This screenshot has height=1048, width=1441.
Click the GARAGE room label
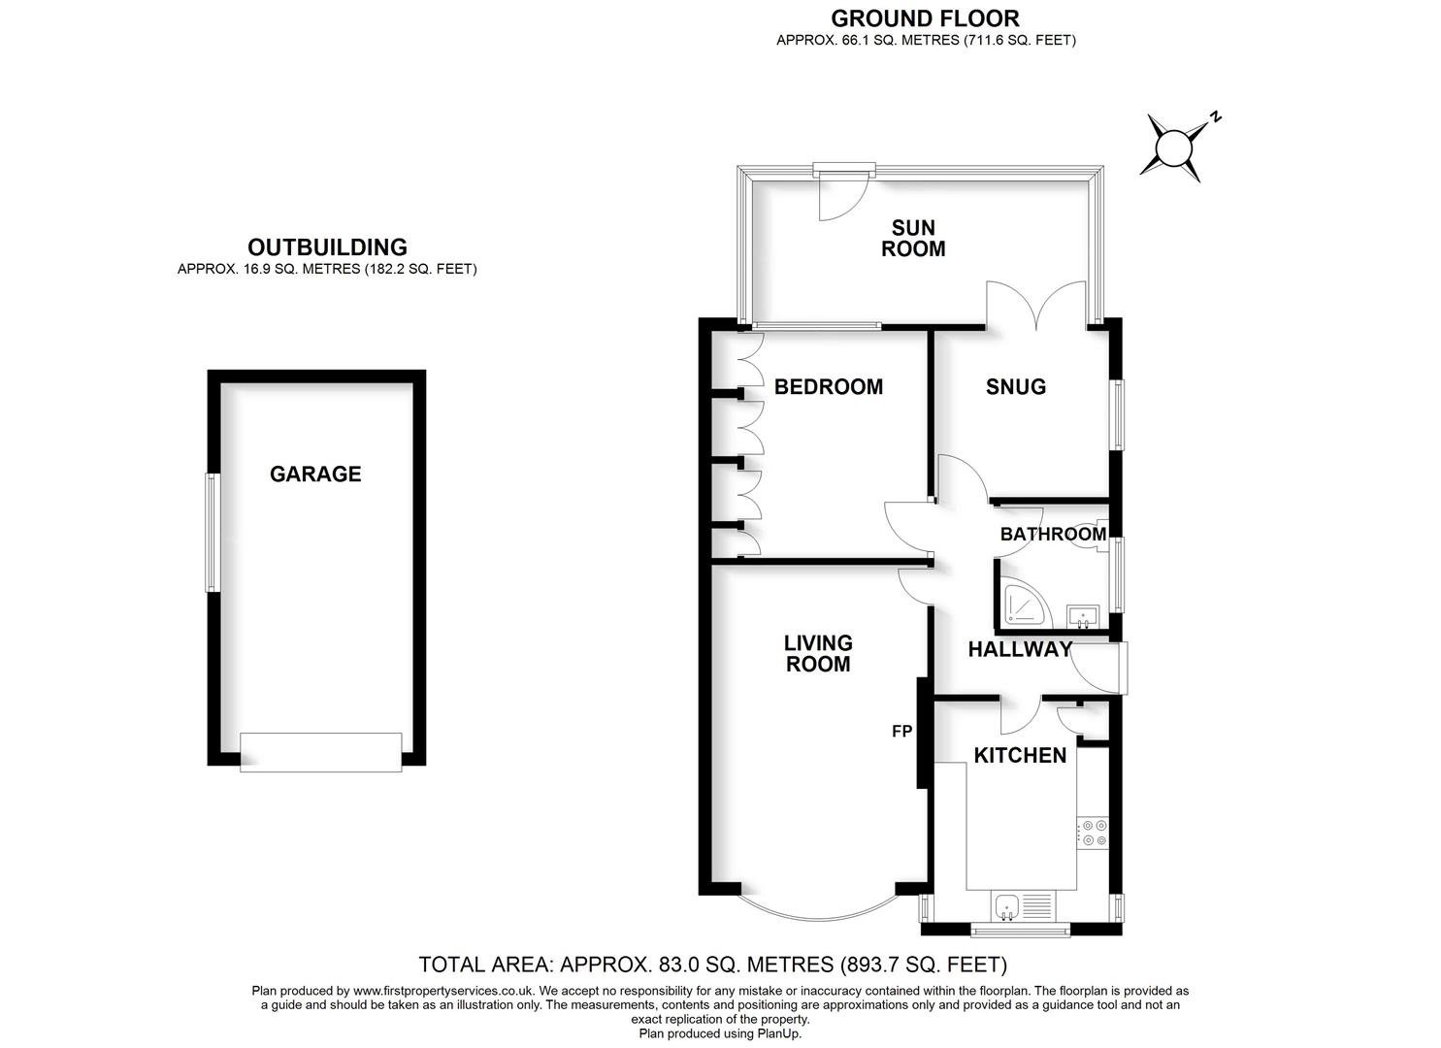(x=315, y=475)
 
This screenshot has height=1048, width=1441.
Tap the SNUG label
(x=1016, y=387)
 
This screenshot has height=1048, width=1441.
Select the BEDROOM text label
(x=829, y=387)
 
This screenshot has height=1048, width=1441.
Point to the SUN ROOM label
(x=913, y=239)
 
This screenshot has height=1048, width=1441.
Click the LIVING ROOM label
(x=818, y=653)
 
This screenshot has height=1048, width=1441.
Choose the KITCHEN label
(x=1020, y=756)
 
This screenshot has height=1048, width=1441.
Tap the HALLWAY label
(x=1020, y=650)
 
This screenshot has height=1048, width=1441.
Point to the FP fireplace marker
(x=901, y=732)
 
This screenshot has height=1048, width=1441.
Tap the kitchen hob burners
(x=1094, y=833)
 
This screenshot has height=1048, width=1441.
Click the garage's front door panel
(x=321, y=752)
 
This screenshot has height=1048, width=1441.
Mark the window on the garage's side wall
(x=210, y=532)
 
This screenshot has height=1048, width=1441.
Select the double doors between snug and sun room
(x=1035, y=306)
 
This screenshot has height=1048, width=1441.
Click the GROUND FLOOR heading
(x=925, y=18)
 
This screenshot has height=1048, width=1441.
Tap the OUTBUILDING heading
(x=327, y=247)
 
